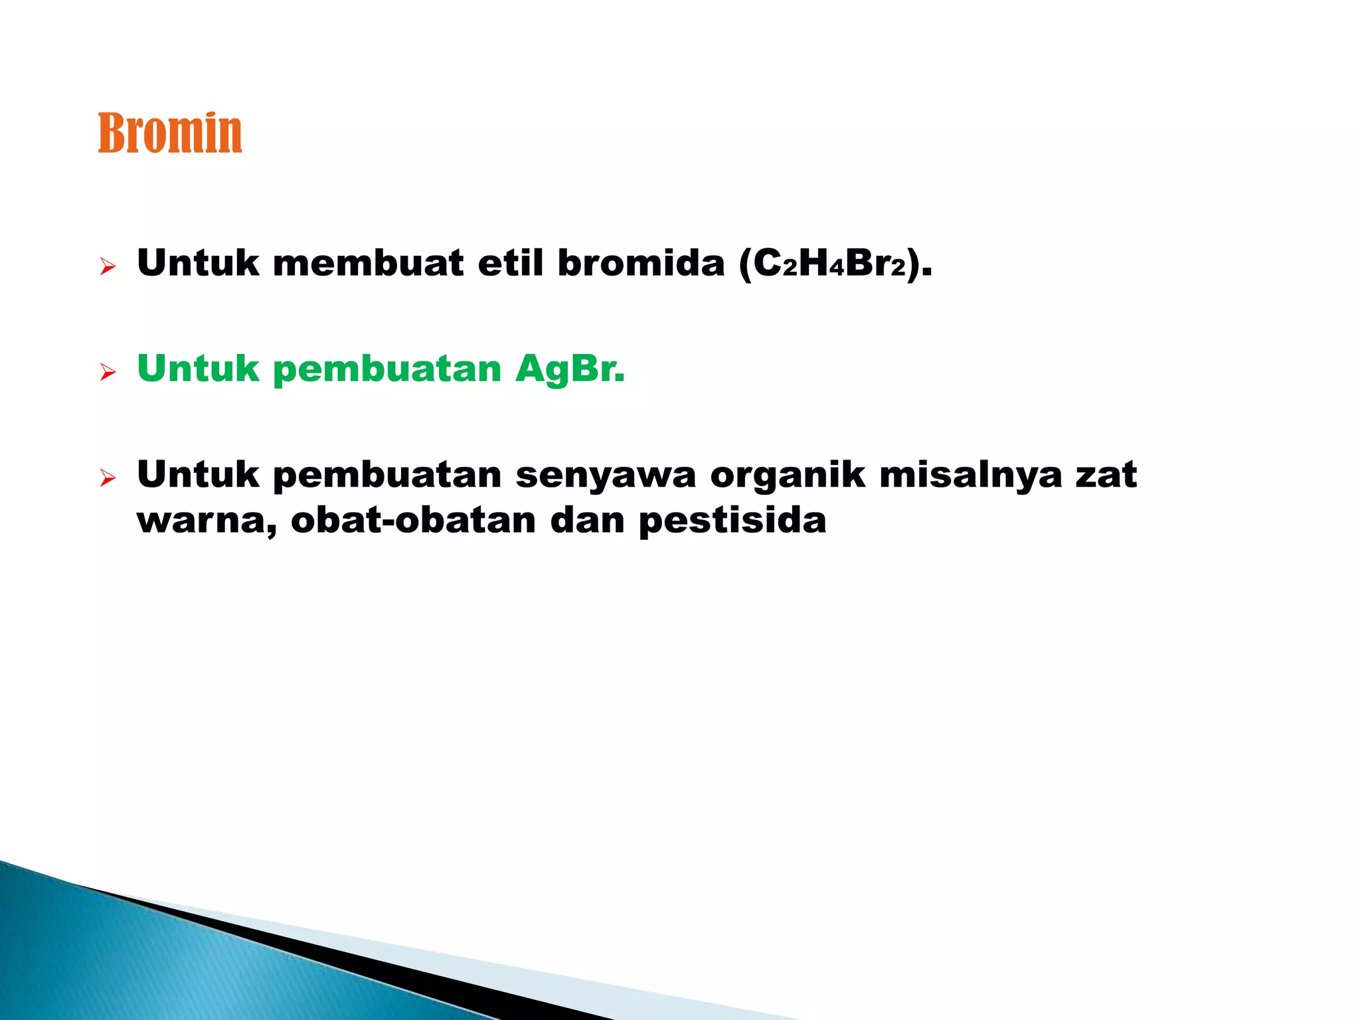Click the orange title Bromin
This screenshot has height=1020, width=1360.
click(170, 133)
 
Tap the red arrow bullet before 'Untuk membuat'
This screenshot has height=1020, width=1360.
click(108, 268)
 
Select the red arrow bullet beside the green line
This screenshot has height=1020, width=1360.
click(108, 373)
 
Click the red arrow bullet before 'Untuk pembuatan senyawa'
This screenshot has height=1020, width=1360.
click(108, 477)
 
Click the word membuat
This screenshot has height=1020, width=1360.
click(368, 263)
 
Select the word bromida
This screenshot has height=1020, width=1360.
click(641, 263)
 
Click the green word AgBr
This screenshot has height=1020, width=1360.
click(570, 369)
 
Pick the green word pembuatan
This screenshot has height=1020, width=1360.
click(387, 369)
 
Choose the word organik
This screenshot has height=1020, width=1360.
click(788, 475)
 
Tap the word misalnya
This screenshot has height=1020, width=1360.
click(970, 475)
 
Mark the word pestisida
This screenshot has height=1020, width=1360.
click(732, 521)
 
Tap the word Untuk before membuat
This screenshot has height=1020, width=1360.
click(198, 263)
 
